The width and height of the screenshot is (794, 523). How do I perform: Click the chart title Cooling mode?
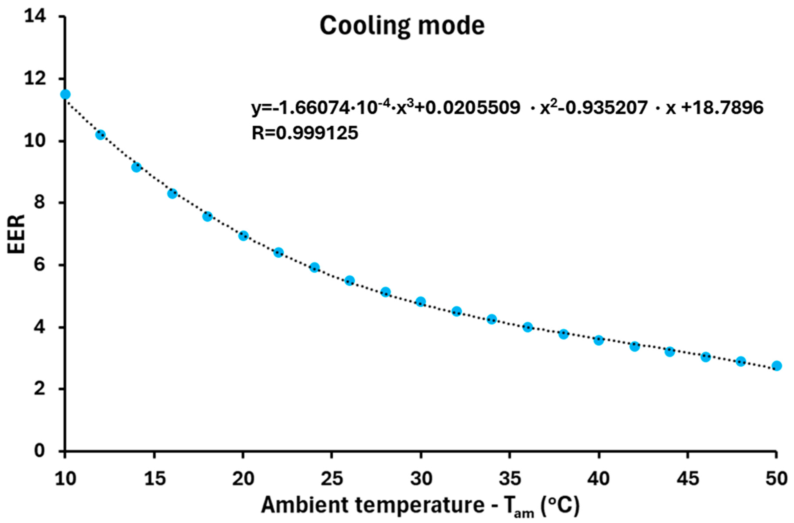[x=402, y=26]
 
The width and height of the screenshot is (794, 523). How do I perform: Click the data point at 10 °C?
[x=65, y=94]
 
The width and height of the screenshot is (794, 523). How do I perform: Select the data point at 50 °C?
[x=777, y=365]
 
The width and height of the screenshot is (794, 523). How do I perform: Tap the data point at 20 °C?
[x=243, y=236]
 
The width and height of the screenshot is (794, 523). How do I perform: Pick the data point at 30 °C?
[x=421, y=301]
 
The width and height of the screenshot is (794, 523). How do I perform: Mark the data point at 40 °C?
[x=599, y=340]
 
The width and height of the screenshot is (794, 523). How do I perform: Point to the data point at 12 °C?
[x=101, y=135]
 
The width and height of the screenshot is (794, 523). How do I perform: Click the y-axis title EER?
[x=17, y=234]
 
